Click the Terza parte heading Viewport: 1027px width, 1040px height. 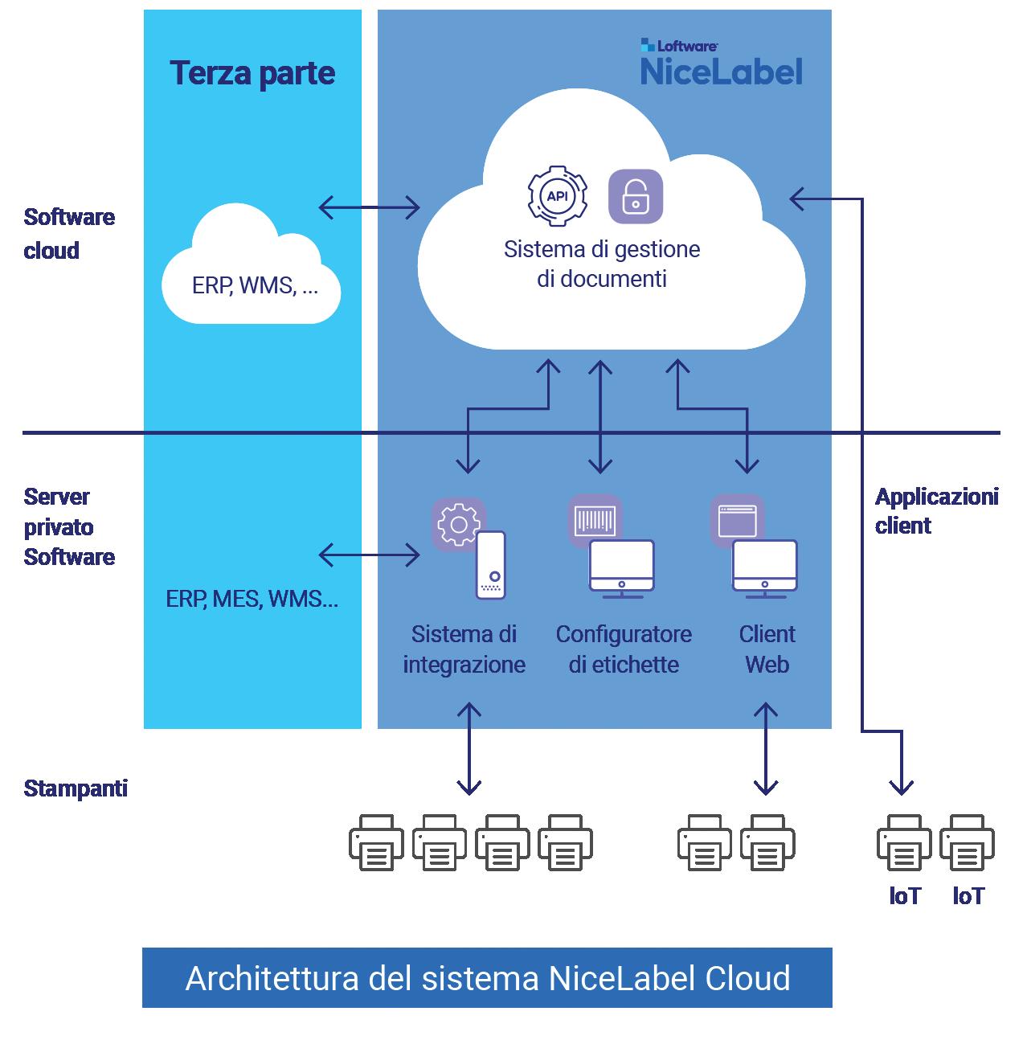click(252, 73)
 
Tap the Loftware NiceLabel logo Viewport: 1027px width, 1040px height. click(721, 63)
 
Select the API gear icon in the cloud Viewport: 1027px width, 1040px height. click(556, 195)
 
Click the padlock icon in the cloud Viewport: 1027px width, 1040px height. click(636, 195)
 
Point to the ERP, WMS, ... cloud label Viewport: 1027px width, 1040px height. click(255, 285)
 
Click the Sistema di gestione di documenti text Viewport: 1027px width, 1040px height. click(602, 264)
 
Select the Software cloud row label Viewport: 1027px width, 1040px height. click(69, 234)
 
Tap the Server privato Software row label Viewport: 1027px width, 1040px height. click(69, 526)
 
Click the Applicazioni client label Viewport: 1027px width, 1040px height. click(936, 511)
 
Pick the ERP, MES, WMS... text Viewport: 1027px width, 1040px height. click(252, 599)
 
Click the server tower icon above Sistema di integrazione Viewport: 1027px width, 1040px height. click(491, 565)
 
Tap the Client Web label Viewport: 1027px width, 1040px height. click(767, 649)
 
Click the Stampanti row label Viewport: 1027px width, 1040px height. click(76, 788)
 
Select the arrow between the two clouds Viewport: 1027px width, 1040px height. click(370, 207)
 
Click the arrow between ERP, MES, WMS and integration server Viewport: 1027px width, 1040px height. click(370, 555)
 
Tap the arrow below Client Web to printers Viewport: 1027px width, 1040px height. click(766, 749)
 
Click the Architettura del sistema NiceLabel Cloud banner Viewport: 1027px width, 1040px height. click(487, 978)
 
